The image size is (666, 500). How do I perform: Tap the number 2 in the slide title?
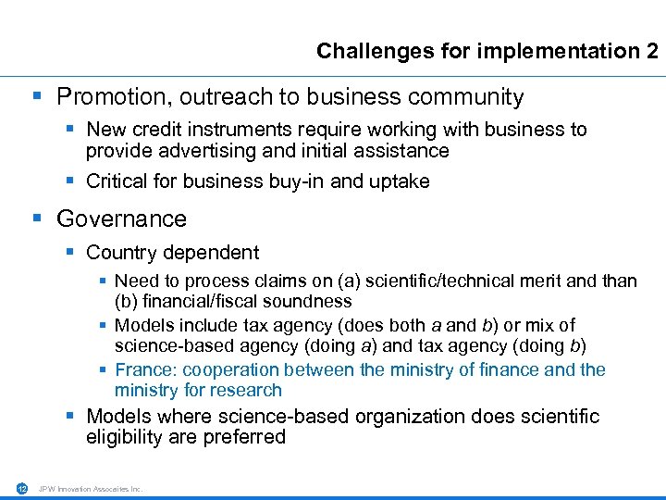point(652,51)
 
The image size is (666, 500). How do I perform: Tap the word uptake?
point(400,181)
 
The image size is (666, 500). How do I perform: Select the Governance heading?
point(121,219)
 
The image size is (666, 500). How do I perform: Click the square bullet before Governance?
point(37,219)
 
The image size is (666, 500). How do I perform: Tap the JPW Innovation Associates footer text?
point(91,489)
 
